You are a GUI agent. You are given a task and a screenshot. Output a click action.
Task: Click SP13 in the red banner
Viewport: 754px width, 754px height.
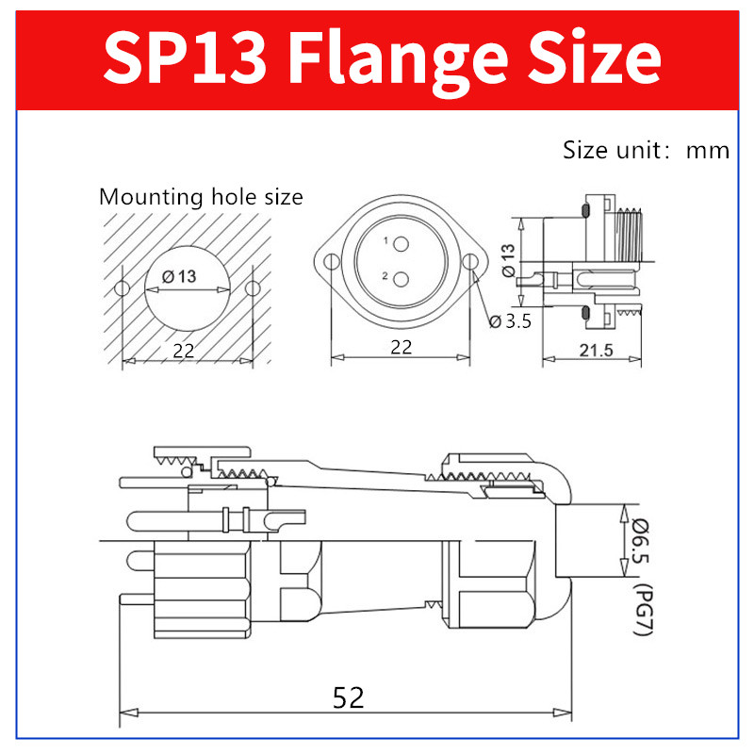coord(185,57)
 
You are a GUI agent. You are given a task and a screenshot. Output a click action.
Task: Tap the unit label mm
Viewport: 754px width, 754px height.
coord(708,151)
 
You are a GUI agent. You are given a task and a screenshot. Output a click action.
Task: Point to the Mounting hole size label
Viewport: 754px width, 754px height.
coord(201,197)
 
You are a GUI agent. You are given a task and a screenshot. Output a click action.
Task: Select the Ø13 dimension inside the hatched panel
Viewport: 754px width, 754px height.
coord(179,276)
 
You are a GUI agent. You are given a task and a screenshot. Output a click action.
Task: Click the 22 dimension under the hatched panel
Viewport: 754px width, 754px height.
coord(184,351)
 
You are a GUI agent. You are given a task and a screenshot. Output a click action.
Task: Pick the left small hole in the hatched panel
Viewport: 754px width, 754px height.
coord(123,288)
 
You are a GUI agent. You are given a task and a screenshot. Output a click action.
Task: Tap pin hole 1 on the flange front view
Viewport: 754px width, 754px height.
coord(401,244)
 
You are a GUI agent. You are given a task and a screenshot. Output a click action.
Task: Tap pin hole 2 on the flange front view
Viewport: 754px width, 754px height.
coord(401,279)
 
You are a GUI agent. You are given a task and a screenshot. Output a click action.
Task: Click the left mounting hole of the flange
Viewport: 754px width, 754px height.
coord(332,262)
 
